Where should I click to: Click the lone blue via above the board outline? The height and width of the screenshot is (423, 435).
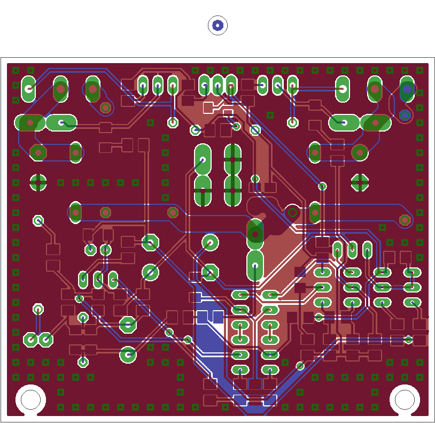click(217, 25)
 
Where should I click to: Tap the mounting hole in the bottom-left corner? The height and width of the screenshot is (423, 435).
click(30, 399)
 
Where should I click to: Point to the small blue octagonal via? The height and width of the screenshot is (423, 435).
click(405, 115)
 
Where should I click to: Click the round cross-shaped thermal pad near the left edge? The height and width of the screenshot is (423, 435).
click(38, 182)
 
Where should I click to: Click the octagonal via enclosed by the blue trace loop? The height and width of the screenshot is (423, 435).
click(106, 108)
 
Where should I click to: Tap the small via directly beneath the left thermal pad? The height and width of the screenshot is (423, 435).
click(38, 220)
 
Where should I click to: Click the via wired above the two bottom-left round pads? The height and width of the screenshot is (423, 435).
click(38, 309)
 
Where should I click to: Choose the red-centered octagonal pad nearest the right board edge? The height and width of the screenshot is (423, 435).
click(405, 220)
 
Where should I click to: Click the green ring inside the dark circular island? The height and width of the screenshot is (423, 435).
click(292, 212)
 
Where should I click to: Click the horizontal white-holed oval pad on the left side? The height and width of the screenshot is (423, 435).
click(62, 122)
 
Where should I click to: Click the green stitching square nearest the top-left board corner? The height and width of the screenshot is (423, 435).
click(15, 70)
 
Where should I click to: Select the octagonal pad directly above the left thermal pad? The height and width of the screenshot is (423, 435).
click(38, 152)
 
